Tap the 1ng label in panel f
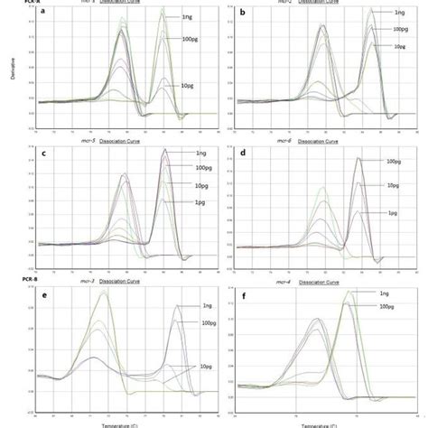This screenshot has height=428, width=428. click(385, 293)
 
